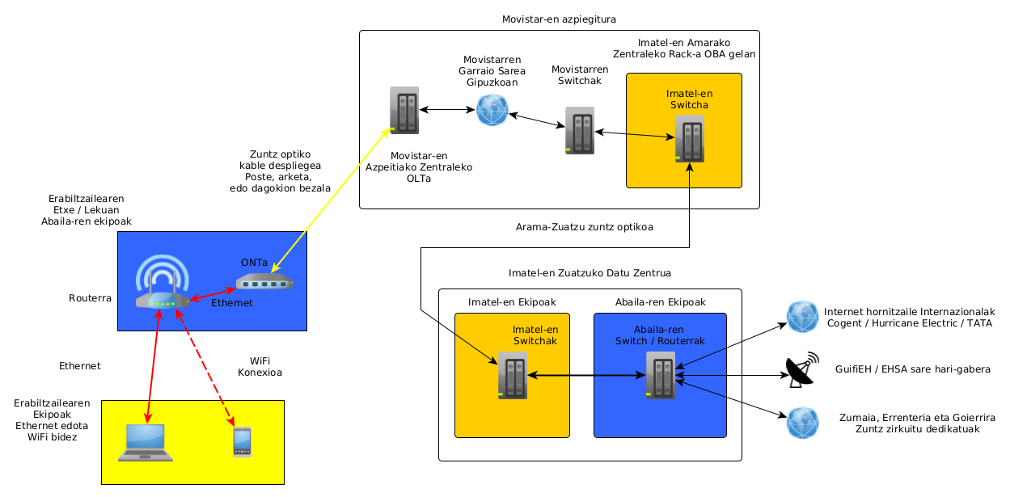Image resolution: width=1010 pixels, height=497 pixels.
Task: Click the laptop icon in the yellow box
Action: click(x=146, y=442)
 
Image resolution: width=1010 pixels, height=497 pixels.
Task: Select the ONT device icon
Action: click(x=264, y=282)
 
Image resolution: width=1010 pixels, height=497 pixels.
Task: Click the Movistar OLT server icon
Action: click(x=404, y=111)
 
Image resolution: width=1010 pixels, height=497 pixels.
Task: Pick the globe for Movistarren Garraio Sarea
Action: click(x=492, y=110)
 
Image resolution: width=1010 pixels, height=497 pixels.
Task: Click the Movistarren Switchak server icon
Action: click(x=579, y=130)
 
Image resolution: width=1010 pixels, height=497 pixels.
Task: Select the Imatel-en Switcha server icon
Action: click(x=689, y=138)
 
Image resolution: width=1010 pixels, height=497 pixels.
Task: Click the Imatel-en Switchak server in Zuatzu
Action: click(x=512, y=376)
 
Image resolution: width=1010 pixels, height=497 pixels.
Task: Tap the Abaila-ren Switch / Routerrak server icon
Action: click(x=660, y=374)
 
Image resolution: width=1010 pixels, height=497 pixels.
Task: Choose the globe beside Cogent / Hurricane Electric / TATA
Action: click(x=803, y=317)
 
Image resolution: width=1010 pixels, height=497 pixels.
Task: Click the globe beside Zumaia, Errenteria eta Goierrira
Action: click(x=803, y=423)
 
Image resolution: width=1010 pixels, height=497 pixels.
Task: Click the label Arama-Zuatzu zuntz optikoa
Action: click(x=584, y=227)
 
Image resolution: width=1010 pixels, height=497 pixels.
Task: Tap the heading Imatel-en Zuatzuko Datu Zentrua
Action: click(x=590, y=273)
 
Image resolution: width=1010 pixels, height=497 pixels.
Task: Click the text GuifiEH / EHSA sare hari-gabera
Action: click(x=912, y=369)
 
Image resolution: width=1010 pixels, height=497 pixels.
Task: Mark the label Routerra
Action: click(x=90, y=298)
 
